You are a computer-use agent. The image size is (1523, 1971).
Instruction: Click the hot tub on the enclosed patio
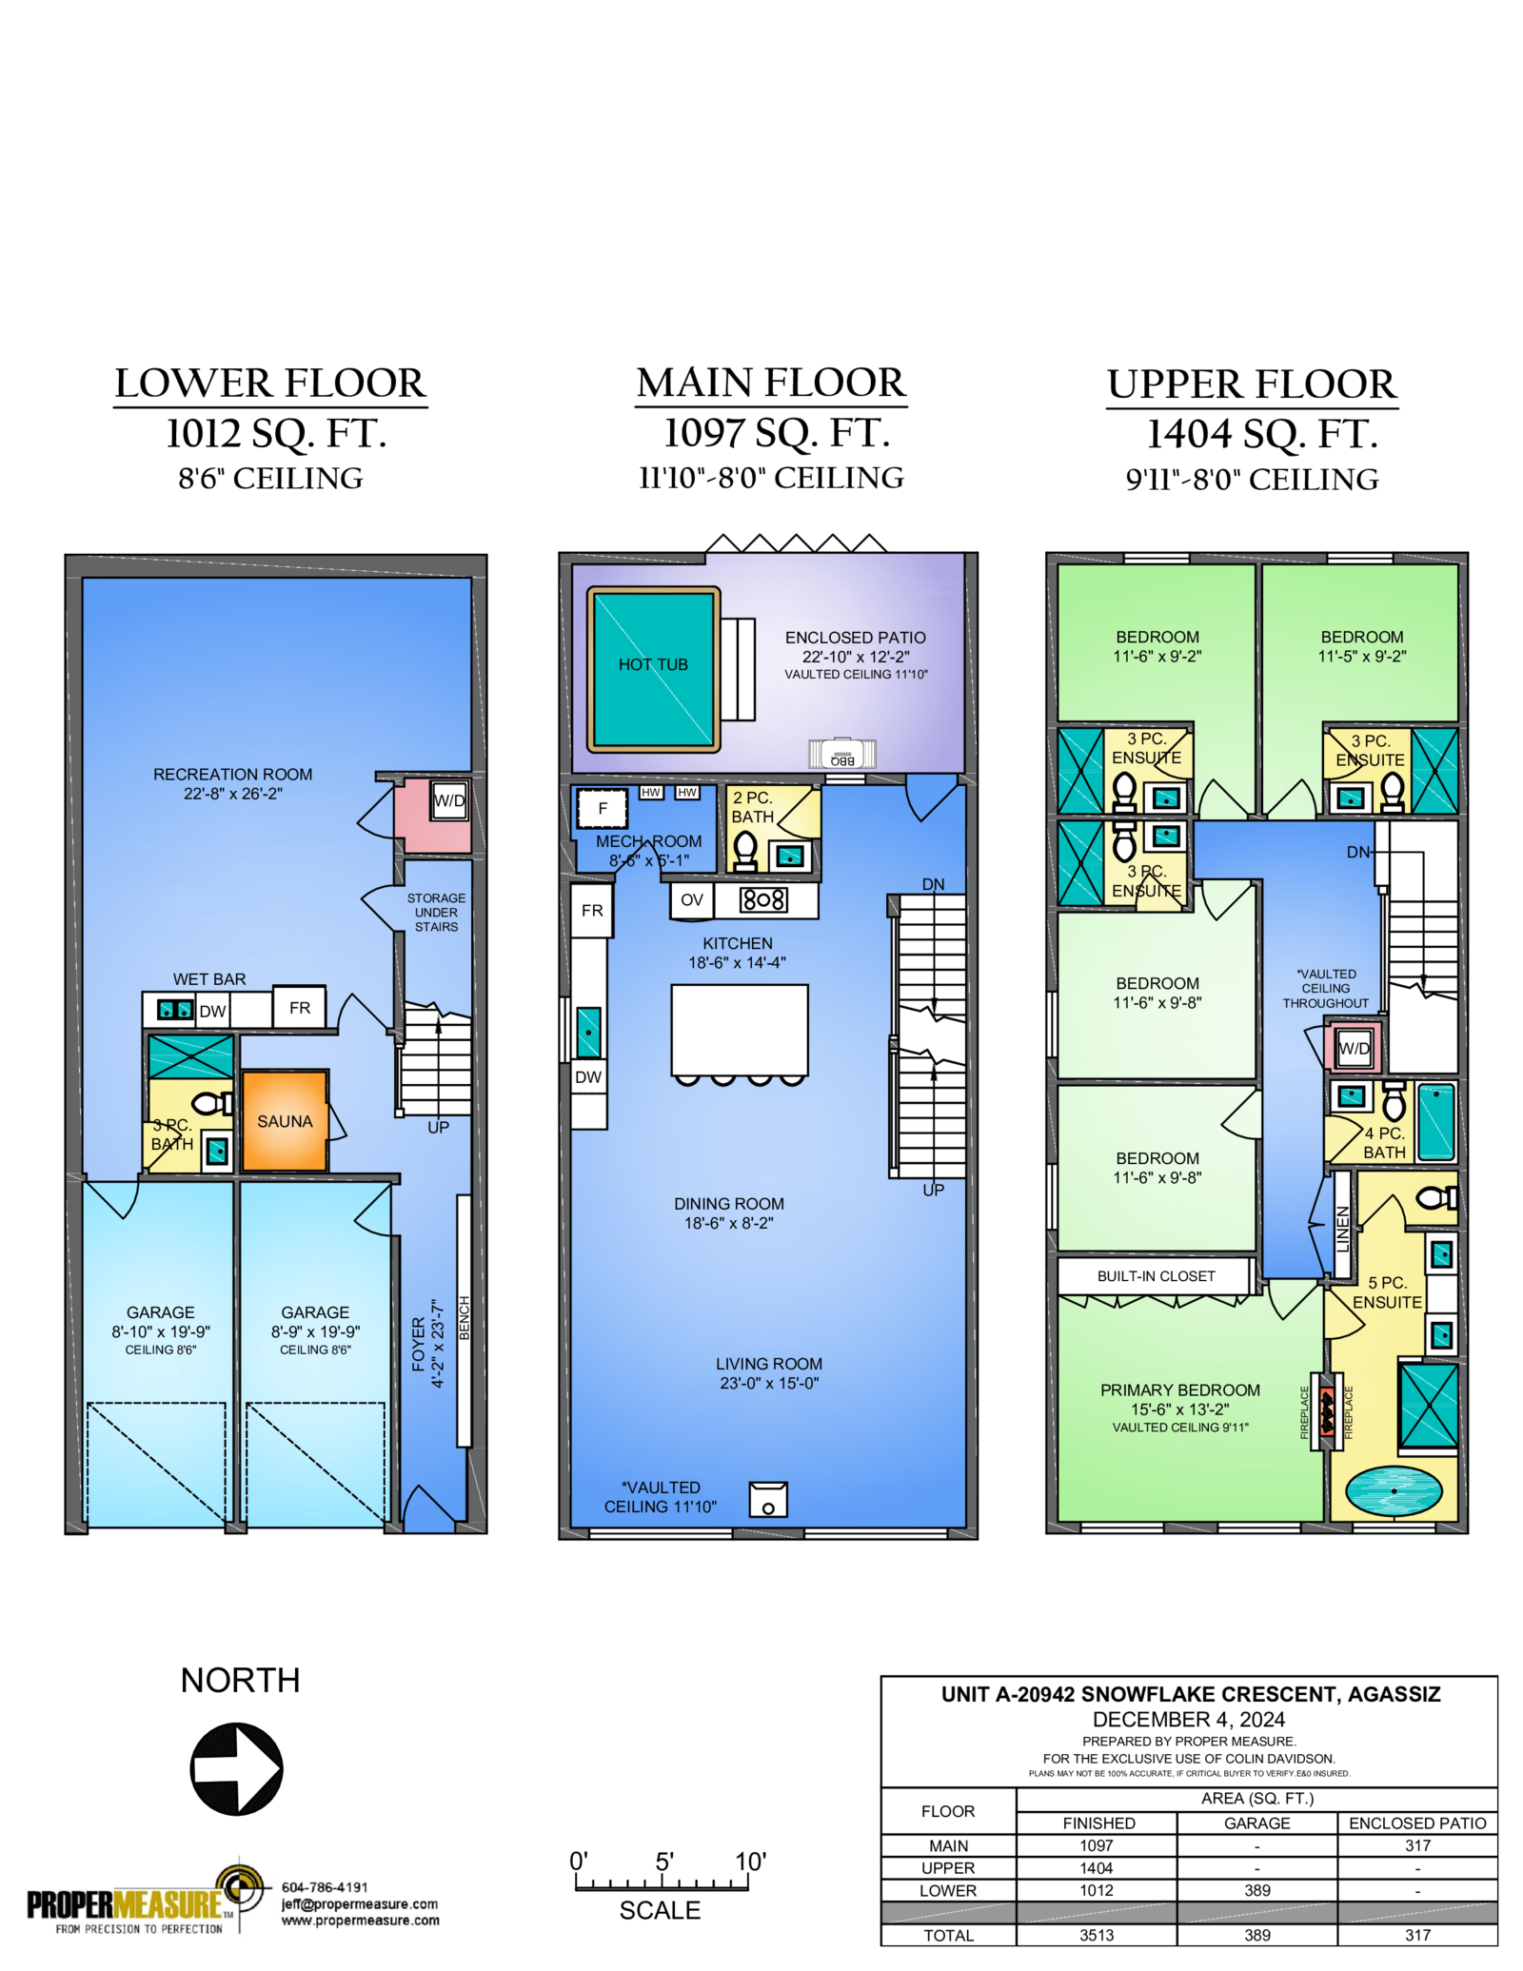tap(653, 669)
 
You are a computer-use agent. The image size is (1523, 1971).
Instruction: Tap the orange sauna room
tap(285, 1120)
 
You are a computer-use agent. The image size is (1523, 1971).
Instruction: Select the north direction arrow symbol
tap(237, 1768)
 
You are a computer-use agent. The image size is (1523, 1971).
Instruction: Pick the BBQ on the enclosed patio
tap(842, 754)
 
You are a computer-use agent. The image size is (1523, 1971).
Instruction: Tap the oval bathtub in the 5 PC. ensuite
tap(1394, 1491)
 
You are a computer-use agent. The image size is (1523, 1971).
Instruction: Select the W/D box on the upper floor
tap(1354, 1048)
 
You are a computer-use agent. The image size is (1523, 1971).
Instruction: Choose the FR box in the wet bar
tap(300, 1007)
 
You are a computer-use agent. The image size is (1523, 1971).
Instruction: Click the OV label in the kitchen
tap(692, 899)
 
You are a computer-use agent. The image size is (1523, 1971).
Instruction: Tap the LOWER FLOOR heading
tap(270, 384)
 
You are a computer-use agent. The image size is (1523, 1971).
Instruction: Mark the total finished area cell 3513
tap(1097, 1935)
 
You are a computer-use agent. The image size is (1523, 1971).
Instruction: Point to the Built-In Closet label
tap(1156, 1276)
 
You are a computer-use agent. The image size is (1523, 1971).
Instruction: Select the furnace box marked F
tap(603, 809)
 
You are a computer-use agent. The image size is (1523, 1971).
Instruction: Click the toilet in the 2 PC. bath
tap(745, 850)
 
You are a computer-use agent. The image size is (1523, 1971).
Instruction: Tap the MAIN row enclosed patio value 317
tap(1417, 1845)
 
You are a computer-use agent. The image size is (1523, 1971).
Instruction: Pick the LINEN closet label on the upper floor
tap(1343, 1229)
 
